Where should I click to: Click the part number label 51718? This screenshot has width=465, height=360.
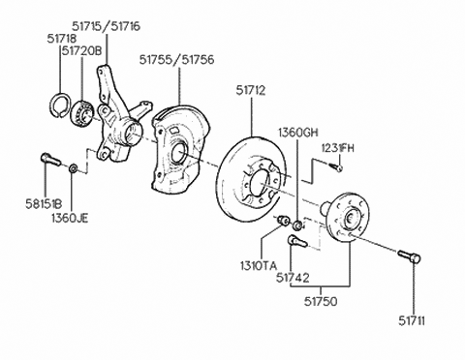[62, 39]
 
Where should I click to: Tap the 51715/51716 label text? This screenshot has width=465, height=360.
[107, 26]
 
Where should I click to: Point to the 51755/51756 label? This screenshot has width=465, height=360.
[176, 60]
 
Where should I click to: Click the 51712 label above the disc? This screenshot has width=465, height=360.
[251, 91]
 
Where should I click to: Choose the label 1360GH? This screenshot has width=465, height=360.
[298, 133]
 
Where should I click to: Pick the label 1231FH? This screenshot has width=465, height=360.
[338, 148]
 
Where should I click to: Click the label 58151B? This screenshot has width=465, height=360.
[44, 204]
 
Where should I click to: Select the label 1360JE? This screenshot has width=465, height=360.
[70, 218]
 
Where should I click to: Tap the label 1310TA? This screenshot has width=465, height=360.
[259, 266]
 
